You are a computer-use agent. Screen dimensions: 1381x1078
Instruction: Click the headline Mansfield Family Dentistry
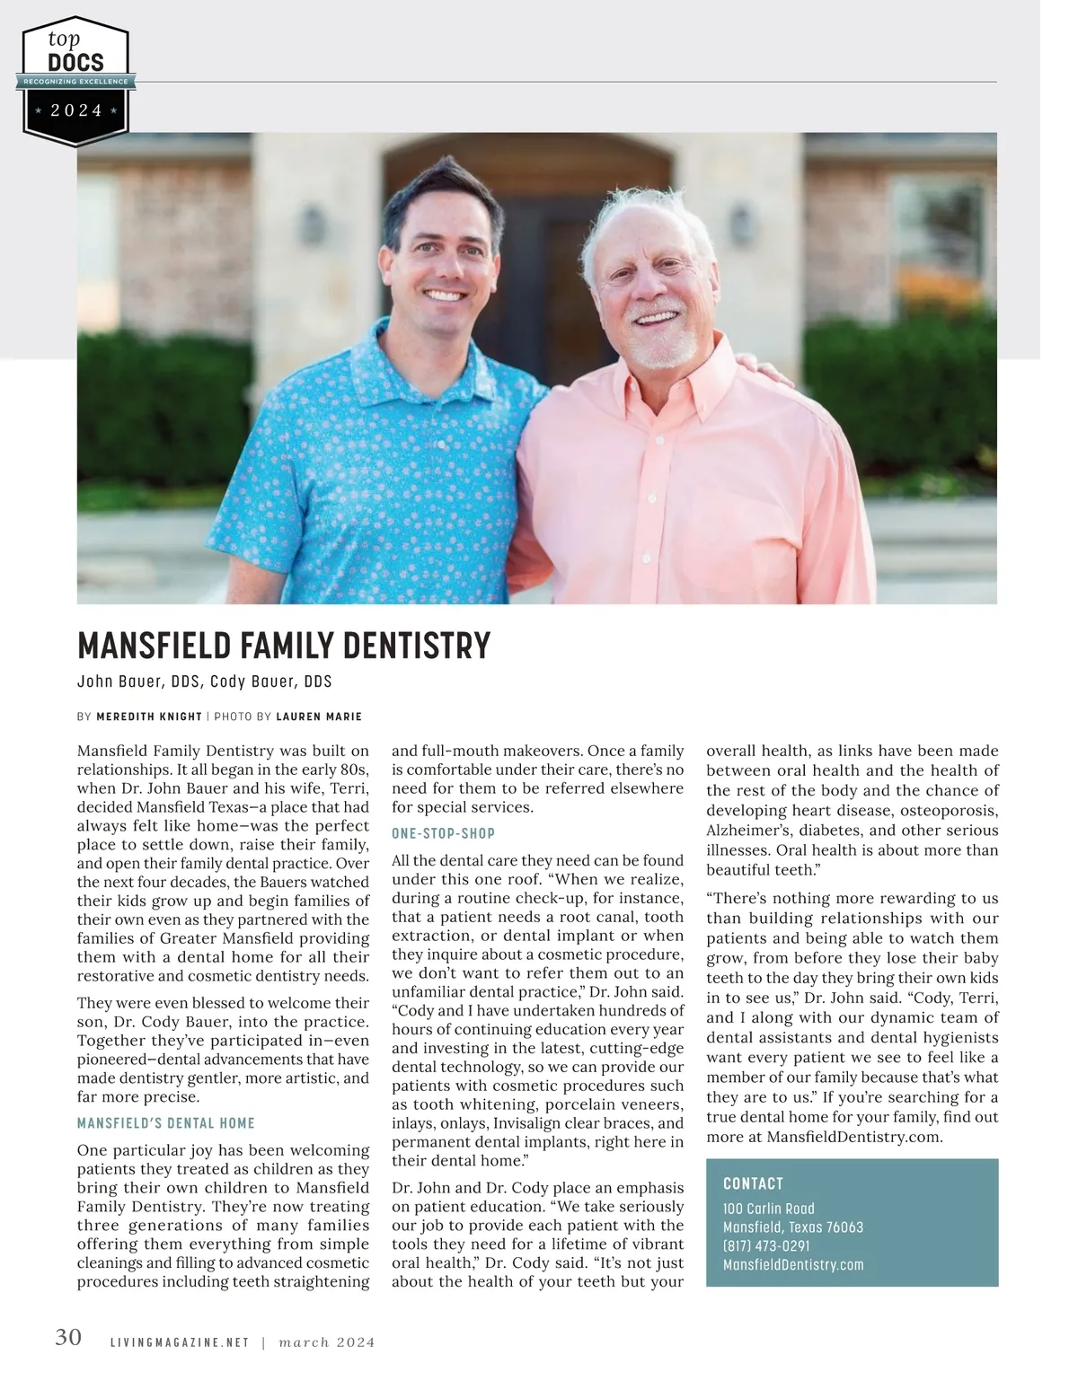(x=284, y=646)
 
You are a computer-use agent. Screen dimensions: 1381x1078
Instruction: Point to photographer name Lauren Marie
(x=319, y=717)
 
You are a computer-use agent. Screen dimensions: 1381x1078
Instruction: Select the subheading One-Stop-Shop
(x=443, y=833)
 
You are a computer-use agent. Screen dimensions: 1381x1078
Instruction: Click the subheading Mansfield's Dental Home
(x=166, y=1123)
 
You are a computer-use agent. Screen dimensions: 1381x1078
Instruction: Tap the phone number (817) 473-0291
(x=766, y=1246)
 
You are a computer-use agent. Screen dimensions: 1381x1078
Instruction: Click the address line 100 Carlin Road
(x=769, y=1209)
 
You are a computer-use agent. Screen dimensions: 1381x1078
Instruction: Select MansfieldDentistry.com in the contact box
(x=793, y=1265)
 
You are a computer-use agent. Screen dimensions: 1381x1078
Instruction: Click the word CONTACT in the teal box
(x=753, y=1183)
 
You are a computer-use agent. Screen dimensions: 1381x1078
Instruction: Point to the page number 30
(x=68, y=1338)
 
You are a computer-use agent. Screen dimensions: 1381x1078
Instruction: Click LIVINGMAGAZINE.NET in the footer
(x=179, y=1342)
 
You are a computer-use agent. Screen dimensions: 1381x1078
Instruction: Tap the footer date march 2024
(x=327, y=1342)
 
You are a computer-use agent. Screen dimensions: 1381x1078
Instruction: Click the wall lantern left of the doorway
(x=312, y=224)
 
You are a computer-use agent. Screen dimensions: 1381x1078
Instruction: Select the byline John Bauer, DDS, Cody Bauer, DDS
(x=205, y=682)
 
